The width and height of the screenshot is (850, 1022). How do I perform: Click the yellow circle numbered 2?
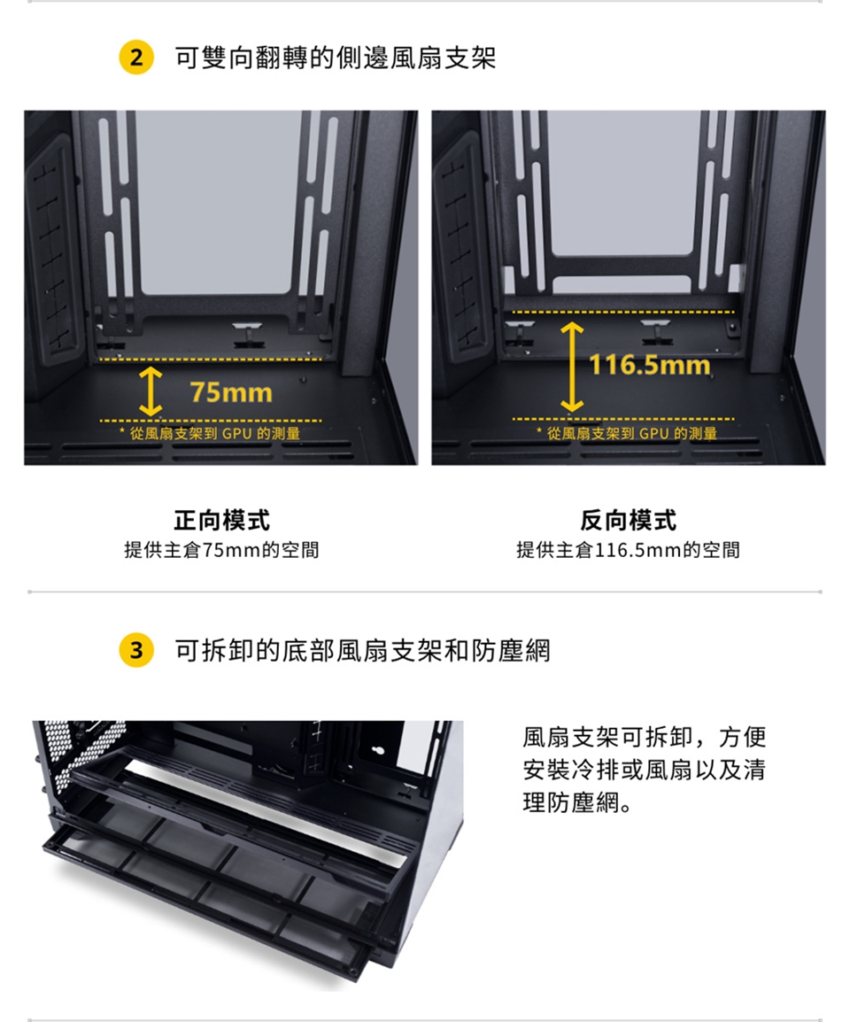pos(136,58)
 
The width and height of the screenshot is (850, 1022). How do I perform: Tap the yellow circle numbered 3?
pos(136,650)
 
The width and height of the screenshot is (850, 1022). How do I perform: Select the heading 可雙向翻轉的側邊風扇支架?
pos(336,58)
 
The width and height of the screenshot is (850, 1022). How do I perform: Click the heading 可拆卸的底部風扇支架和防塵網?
pos(362,650)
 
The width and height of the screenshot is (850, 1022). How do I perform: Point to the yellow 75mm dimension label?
pos(231,392)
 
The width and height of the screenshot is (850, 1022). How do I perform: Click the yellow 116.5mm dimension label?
pos(650,364)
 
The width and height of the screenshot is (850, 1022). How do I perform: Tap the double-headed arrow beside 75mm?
pos(151,391)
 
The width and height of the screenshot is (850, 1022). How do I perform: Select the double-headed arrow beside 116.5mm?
pos(572,367)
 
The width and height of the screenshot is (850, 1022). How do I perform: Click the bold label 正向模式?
pos(221,520)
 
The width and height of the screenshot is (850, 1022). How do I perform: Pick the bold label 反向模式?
pos(629,520)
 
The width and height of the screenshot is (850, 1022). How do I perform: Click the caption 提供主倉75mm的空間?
pos(221,550)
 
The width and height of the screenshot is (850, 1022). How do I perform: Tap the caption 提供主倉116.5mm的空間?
pos(629,550)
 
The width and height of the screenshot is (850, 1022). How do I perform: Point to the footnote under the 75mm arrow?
pos(210,433)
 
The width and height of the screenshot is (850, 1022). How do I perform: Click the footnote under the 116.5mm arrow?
pos(626,433)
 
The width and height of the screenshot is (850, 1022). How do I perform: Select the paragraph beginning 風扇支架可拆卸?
pos(644,770)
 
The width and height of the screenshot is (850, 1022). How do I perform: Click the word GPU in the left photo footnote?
pos(236,433)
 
